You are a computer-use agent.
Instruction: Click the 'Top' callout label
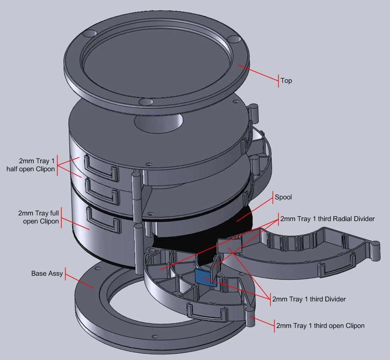click(286, 81)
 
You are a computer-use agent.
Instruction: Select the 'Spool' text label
click(283, 197)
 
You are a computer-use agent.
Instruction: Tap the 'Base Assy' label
click(47, 274)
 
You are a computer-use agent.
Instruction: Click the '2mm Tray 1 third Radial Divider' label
click(327, 219)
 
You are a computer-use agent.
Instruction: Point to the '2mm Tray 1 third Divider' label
click(309, 299)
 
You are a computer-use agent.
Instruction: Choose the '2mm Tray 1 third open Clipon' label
click(320, 325)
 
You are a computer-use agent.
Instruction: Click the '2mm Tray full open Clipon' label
click(39, 217)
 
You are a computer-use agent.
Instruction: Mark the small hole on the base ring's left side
click(98, 266)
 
